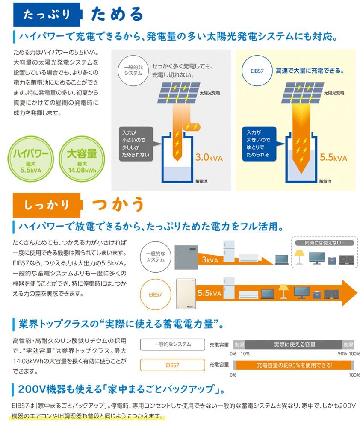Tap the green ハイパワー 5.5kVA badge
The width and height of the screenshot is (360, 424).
point(30,159)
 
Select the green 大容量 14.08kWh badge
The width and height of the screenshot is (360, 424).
point(82,159)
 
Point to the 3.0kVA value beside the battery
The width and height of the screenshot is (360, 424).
point(209,157)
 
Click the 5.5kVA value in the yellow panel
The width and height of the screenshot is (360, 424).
point(333,157)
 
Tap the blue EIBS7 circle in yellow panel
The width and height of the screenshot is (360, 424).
point(257,71)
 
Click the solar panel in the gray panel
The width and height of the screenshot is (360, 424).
point(179,93)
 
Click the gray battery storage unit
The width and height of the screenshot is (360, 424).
point(186,257)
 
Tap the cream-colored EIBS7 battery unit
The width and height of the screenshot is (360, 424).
point(186,294)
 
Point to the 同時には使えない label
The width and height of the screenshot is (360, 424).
point(325,243)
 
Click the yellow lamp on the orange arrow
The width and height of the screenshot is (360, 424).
point(283,291)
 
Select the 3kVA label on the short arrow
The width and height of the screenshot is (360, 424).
point(210,260)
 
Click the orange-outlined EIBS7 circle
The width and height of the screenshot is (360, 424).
point(156,294)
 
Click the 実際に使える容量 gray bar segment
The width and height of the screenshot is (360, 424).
point(294,344)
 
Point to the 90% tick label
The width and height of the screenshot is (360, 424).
point(342,354)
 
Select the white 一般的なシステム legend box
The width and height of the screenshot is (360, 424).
point(173,344)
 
